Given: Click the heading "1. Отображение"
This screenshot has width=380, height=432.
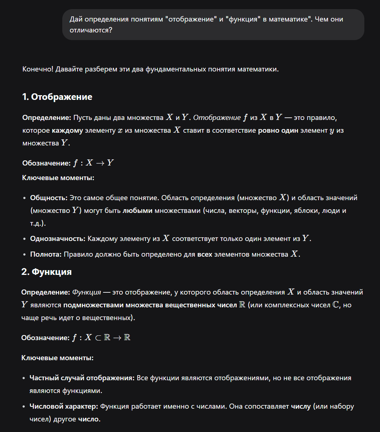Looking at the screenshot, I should [x=57, y=97].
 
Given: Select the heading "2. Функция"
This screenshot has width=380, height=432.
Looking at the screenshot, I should [x=46, y=272].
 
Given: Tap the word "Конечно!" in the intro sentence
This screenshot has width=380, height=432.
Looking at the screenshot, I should [x=38, y=69].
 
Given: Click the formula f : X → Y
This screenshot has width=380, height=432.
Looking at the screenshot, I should [x=93, y=163].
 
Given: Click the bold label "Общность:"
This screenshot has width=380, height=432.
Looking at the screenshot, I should [x=49, y=198].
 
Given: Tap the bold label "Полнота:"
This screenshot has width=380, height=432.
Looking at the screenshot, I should [x=46, y=254].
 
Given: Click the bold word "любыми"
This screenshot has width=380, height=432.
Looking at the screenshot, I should [x=138, y=211].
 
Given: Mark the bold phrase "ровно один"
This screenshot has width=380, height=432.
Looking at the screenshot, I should [x=278, y=130].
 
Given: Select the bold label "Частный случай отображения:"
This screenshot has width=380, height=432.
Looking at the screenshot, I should [x=82, y=378].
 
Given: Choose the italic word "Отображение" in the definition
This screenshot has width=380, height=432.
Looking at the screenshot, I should [x=217, y=118].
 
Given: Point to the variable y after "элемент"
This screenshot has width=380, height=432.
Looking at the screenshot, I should [x=331, y=131].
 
